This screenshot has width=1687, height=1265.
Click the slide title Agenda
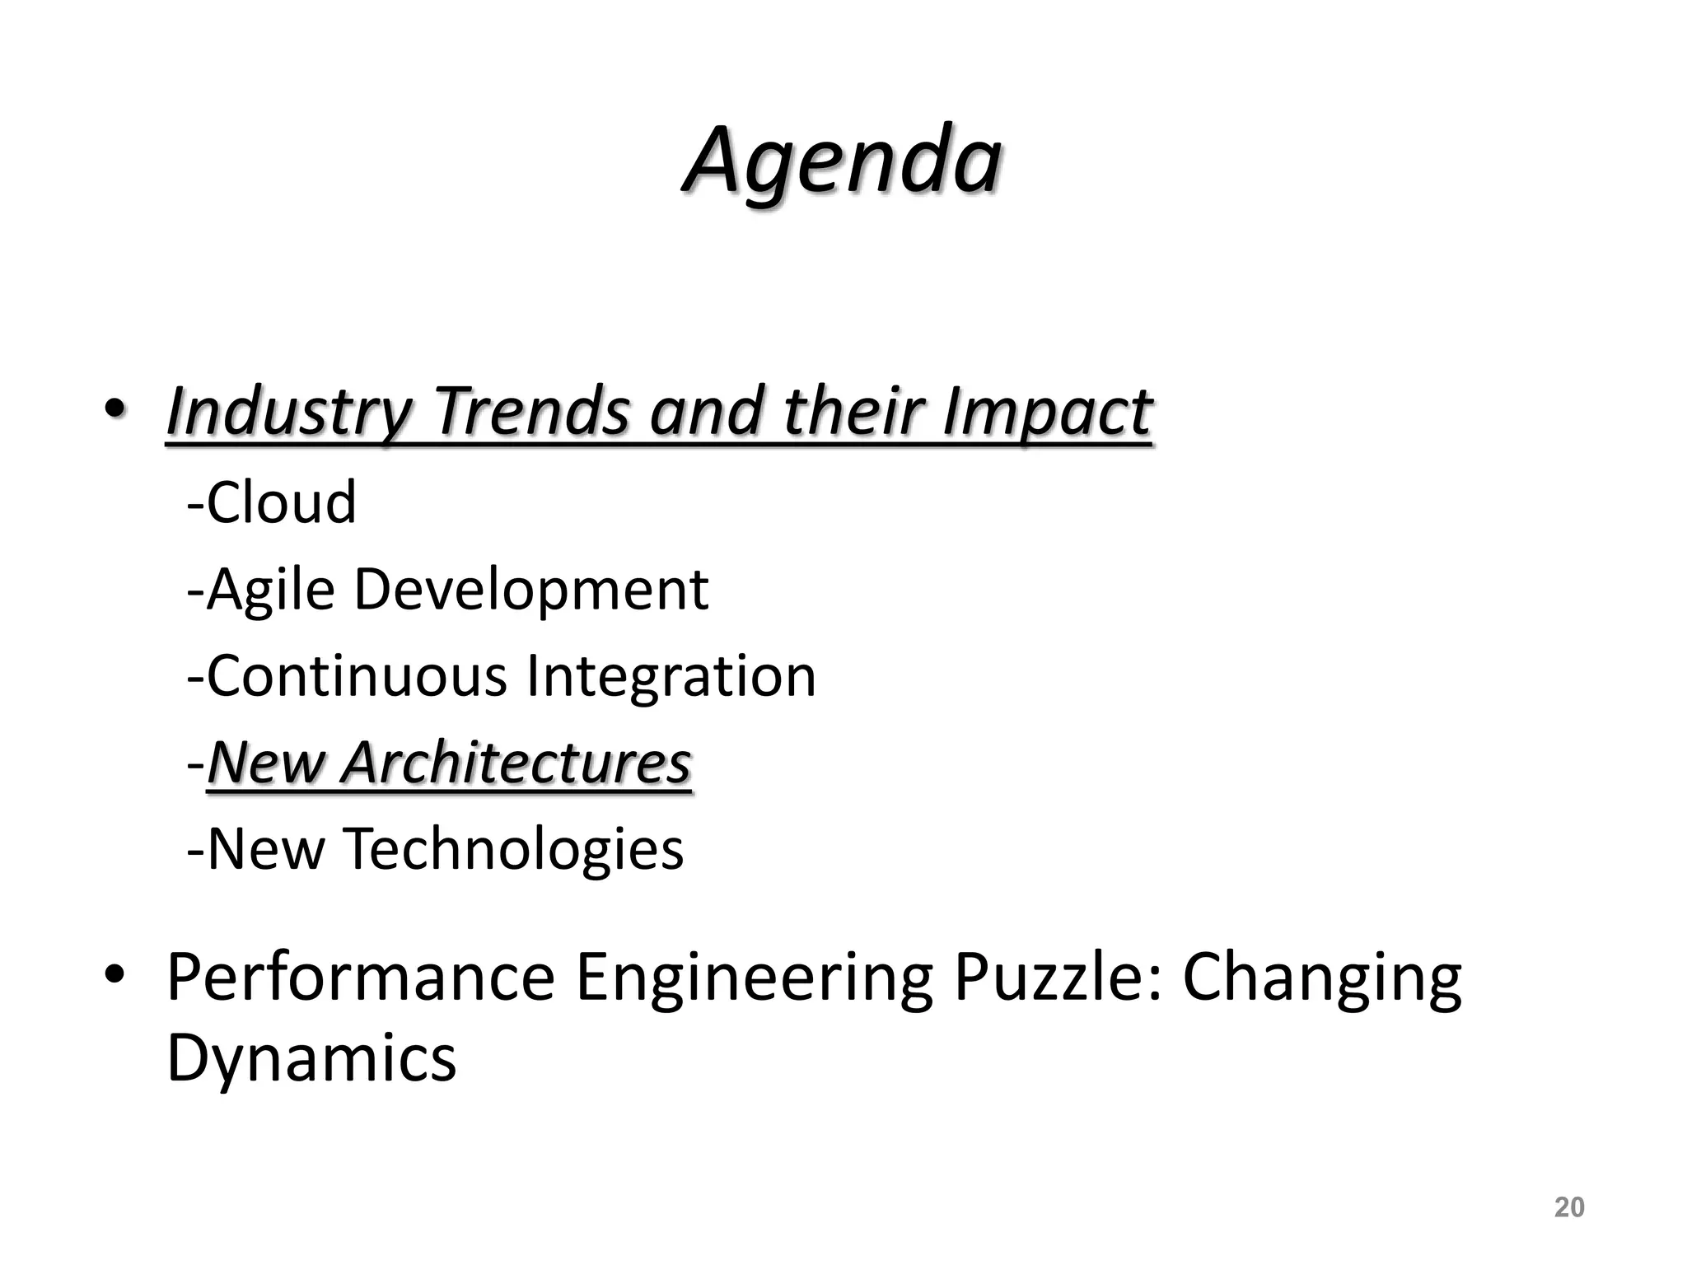coord(842,161)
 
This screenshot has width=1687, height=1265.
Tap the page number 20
coord(1568,1207)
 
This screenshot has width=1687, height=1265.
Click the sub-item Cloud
coord(281,502)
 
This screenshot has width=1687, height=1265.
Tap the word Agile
coord(271,590)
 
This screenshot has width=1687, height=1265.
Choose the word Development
coord(531,590)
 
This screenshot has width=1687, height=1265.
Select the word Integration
coord(671,676)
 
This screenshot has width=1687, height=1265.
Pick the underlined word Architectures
coord(516,763)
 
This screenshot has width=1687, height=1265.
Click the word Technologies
coord(513,850)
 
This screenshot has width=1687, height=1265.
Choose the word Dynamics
coord(311,1058)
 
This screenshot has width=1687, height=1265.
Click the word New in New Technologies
coord(266,850)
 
